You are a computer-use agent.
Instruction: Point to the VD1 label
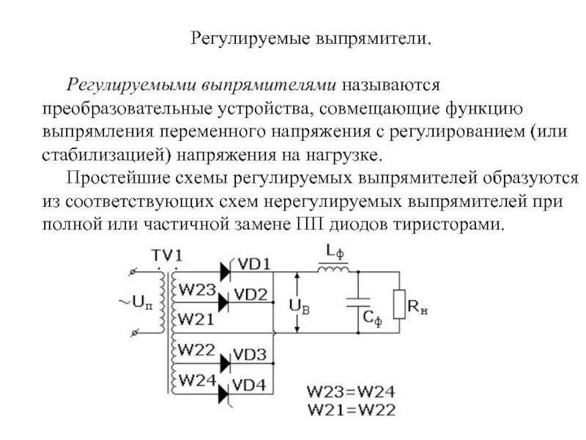[x=255, y=264]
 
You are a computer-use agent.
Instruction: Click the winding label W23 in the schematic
[x=196, y=290]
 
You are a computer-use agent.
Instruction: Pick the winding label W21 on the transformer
[x=196, y=319]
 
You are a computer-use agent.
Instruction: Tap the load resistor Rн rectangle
[x=398, y=304]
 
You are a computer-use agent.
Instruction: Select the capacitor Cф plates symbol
[x=358, y=301]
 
